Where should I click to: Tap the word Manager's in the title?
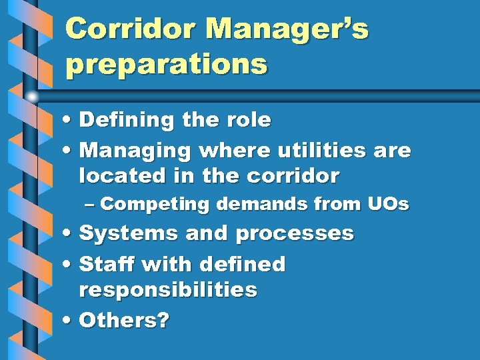288,29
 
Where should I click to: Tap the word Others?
124,320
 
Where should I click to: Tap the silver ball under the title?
32,97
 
